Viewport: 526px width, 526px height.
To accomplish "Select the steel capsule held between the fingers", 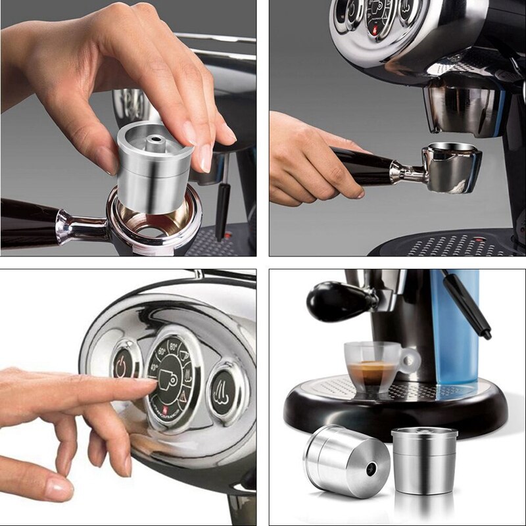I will (x=155, y=168).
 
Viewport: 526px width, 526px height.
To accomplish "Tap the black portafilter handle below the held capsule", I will (x=30, y=222).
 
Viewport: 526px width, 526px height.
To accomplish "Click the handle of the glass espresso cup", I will (x=409, y=360).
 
